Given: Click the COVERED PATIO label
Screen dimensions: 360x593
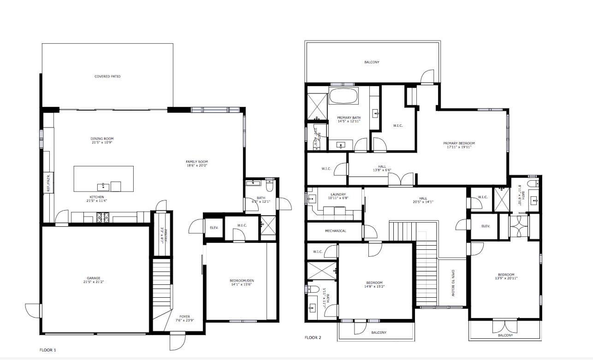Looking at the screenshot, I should (107, 77).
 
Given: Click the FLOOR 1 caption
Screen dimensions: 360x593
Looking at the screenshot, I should (47, 350).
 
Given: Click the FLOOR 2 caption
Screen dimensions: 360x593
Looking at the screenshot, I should (313, 337).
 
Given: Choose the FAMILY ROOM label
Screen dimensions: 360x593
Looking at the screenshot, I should (197, 162).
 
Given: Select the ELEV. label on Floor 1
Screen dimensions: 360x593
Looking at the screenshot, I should (214, 228).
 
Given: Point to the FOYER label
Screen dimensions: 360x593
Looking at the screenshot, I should (184, 317).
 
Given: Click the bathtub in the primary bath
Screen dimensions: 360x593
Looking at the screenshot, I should (343, 96).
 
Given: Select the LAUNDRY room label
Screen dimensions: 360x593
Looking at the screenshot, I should (338, 194).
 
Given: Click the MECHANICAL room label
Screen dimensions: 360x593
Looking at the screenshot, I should (335, 231).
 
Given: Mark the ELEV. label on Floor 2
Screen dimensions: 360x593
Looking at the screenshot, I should (485, 226).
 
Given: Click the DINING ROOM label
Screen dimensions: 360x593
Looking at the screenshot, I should (102, 139).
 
